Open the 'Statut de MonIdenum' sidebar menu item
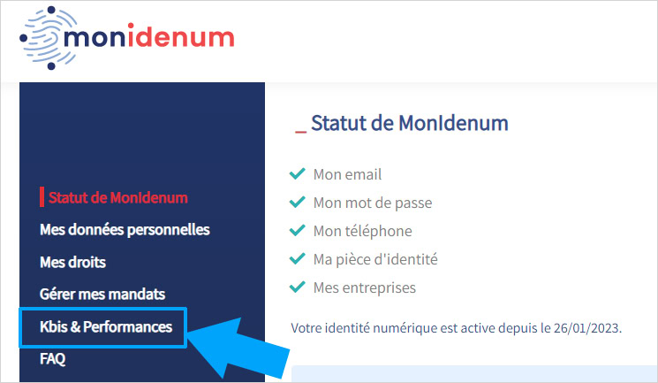[118, 197]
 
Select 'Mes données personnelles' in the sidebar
[125, 230]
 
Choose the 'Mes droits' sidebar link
[73, 263]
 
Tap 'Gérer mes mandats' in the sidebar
[102, 295]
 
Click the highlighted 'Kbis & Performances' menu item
[106, 327]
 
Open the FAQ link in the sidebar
[53, 359]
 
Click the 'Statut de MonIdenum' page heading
[410, 124]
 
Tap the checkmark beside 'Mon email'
[298, 174]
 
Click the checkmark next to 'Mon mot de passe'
[298, 203]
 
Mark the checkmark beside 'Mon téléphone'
[298, 231]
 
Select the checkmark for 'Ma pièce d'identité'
[298, 259]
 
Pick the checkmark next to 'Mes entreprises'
[298, 287]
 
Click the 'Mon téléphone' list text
[362, 231]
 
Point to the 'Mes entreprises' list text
[364, 287]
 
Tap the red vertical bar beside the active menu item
[42, 196]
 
